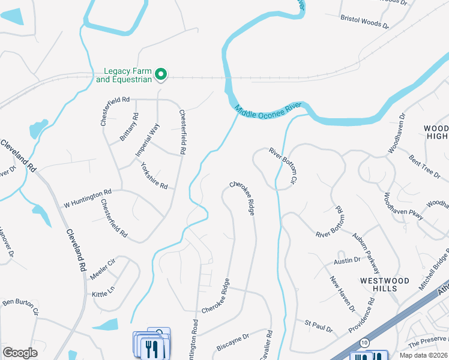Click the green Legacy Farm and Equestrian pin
(161, 74)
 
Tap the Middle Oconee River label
(268, 110)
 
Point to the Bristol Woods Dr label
(365, 23)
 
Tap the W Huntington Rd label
(88, 199)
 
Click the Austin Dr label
(347, 261)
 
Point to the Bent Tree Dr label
(424, 165)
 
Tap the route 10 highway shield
(364, 342)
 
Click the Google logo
(20, 353)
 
